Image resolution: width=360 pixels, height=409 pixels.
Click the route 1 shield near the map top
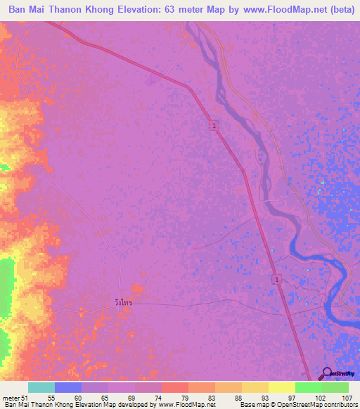tap(213, 125)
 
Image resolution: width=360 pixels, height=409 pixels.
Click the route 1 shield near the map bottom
tap(276, 279)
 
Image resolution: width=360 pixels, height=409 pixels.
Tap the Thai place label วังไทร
tap(123, 302)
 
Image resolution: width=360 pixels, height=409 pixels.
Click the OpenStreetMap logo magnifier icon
tap(327, 373)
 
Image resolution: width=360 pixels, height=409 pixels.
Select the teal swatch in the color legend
tap(41, 387)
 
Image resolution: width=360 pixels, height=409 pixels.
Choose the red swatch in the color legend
tap(175, 387)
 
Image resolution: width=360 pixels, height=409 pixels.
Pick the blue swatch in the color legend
tap(68, 387)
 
